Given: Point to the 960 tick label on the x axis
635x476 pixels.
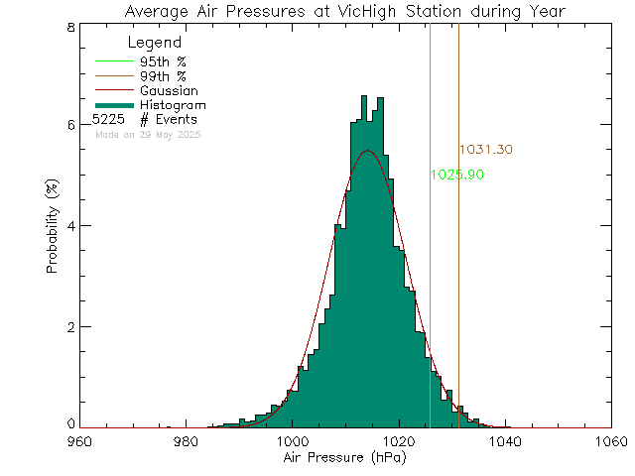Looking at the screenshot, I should [78, 441].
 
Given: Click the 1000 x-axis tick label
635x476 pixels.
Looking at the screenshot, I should [291, 441].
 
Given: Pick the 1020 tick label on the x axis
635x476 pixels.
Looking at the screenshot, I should [398, 441].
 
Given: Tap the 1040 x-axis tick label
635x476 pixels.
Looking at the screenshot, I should [504, 441].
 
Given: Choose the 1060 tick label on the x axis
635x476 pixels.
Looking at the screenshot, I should [610, 441].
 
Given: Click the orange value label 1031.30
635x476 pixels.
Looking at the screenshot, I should [486, 150].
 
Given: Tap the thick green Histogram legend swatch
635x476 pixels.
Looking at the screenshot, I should [112, 104].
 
